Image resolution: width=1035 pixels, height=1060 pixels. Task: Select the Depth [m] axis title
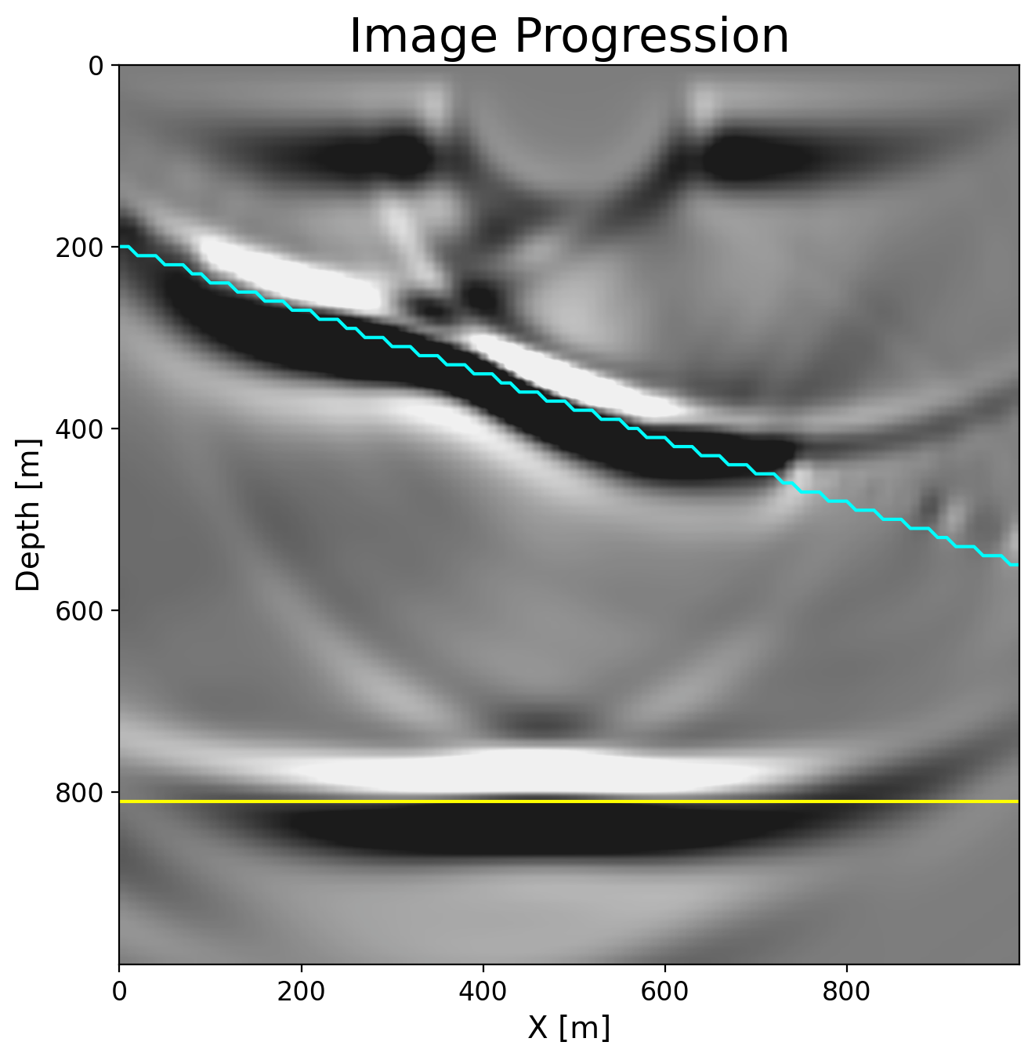coord(28,514)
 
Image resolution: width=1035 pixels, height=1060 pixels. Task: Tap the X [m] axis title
coord(569,1027)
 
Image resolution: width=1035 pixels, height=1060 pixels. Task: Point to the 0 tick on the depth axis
coord(96,65)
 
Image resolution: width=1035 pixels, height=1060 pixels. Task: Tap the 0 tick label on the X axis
coord(119,991)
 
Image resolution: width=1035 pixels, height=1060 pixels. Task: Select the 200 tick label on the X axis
coord(301,991)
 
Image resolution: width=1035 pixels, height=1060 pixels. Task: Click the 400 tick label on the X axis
coord(483,991)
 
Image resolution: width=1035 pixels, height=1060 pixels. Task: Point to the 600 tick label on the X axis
coord(664,991)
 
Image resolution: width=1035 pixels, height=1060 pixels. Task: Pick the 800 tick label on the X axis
coord(846,991)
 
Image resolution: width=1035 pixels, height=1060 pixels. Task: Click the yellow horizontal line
coord(569,801)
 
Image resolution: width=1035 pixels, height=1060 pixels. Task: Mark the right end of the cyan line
coord(1016,564)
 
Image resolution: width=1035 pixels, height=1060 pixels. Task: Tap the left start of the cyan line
coord(121,247)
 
